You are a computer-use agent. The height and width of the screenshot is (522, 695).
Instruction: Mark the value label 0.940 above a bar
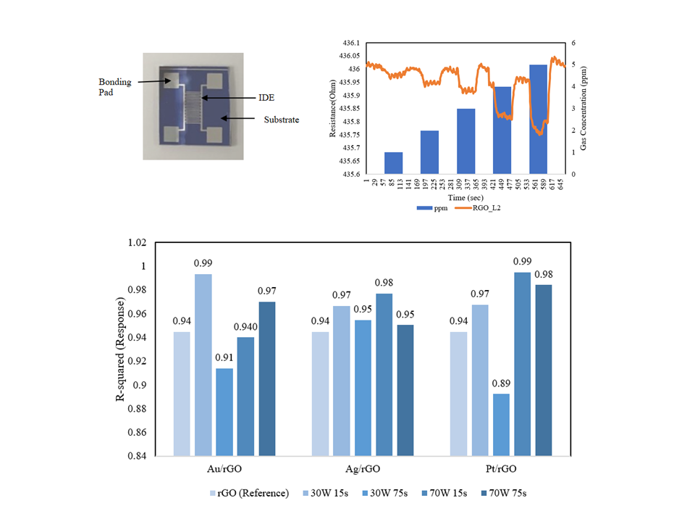point(246,327)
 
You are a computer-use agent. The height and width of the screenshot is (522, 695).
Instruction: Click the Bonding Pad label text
point(115,87)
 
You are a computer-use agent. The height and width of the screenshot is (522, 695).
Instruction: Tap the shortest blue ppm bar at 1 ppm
point(393,163)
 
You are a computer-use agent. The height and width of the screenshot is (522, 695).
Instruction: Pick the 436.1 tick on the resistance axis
point(350,43)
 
